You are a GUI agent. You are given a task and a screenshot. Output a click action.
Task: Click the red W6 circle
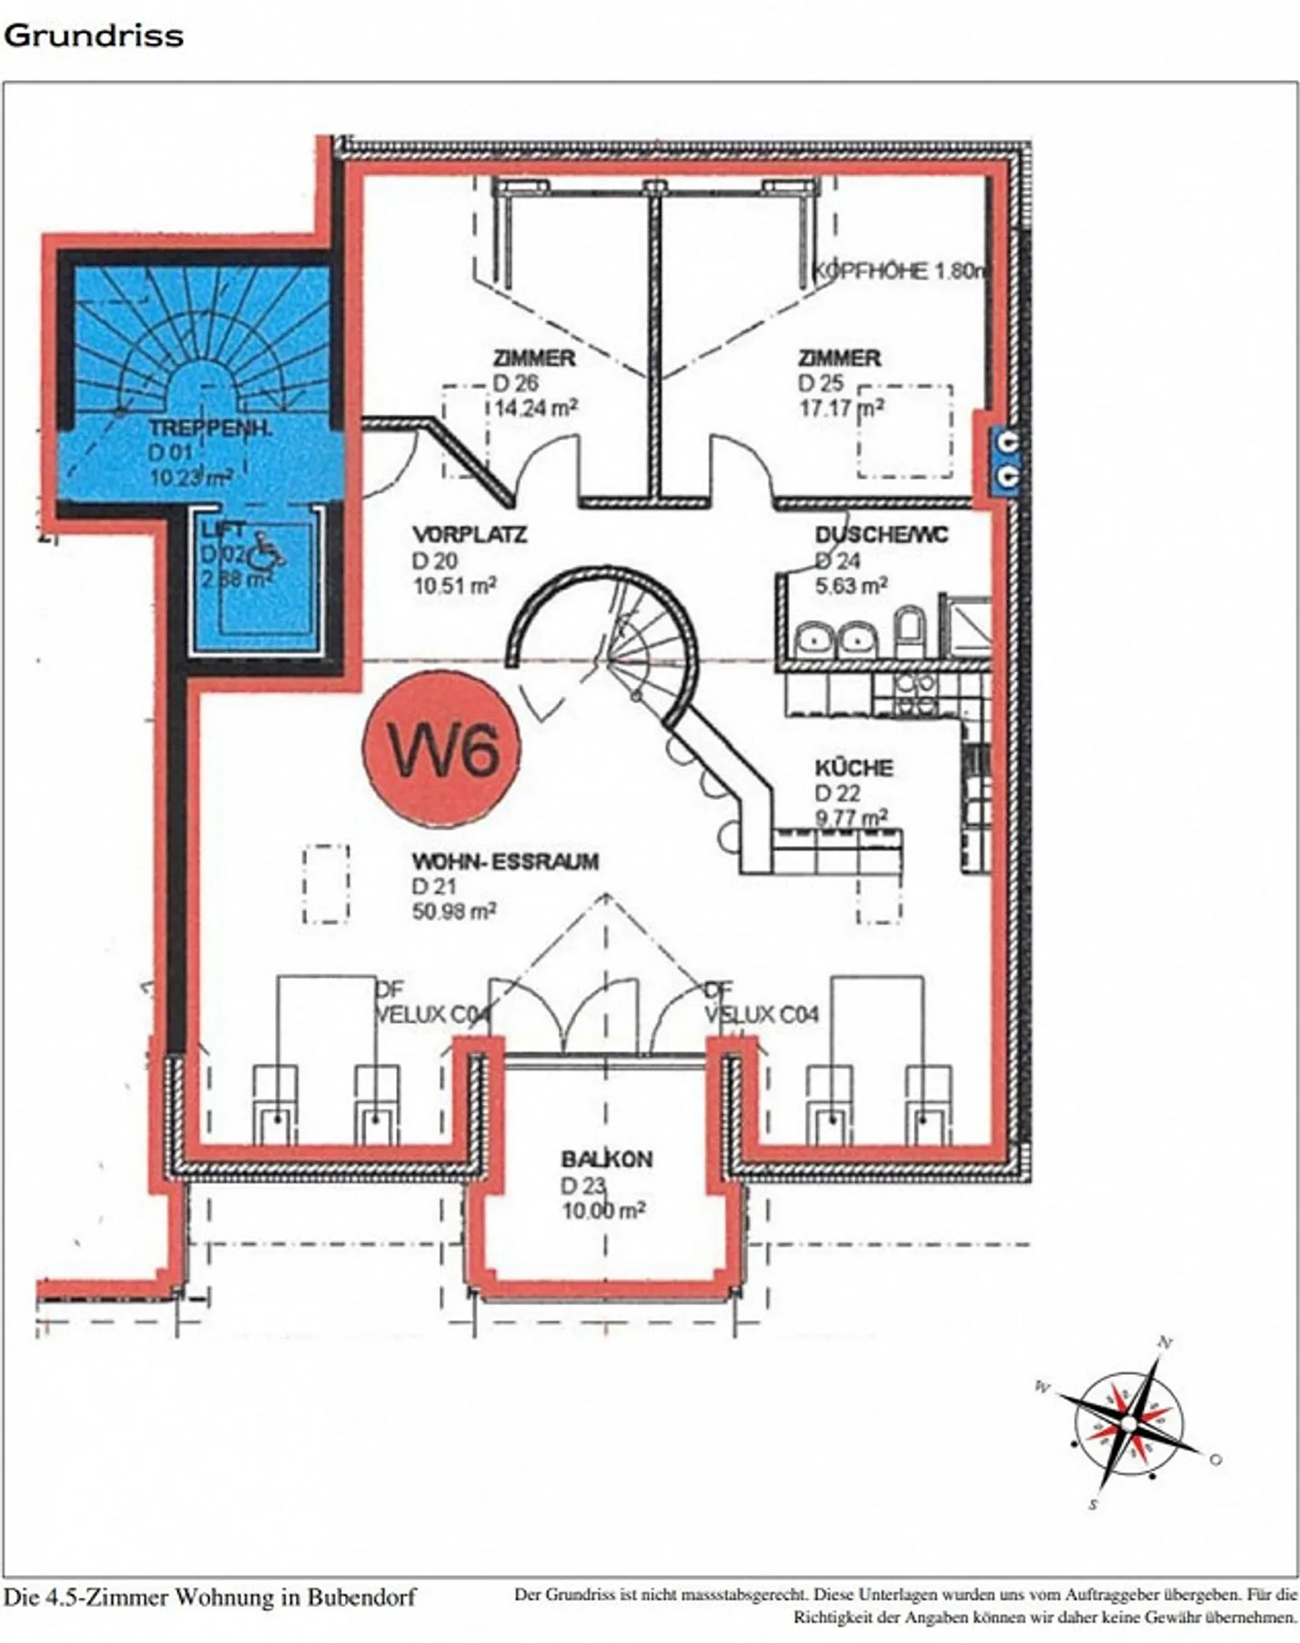point(441,748)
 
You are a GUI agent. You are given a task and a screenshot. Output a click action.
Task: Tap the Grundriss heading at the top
point(93,36)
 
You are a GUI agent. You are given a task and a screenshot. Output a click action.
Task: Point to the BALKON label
point(606,1159)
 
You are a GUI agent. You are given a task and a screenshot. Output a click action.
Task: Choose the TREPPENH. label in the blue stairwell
point(209,429)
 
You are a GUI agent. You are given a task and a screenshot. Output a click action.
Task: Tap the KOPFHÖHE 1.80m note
point(899,271)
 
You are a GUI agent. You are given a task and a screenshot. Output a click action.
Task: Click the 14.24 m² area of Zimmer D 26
point(535,408)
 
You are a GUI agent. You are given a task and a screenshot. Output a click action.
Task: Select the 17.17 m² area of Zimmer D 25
point(840,408)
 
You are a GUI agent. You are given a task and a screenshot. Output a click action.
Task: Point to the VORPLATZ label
point(469,534)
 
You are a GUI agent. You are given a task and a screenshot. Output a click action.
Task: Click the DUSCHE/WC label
point(881,534)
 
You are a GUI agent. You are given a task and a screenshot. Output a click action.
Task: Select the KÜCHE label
point(854,768)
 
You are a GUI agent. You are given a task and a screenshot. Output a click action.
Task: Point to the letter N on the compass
point(1165,1342)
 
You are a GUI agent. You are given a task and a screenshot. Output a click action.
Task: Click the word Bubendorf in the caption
point(361,1597)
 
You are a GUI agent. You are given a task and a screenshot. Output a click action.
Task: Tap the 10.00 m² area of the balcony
point(603,1211)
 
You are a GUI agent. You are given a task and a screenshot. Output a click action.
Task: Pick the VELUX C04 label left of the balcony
point(432,1015)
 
